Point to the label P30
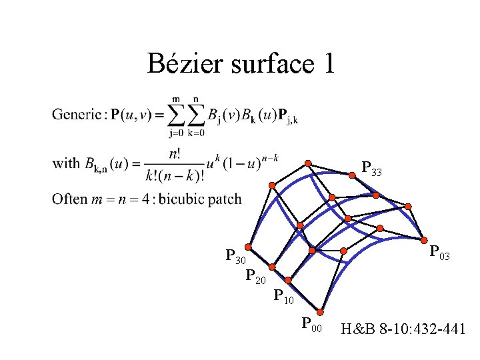[236, 257]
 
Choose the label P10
[284, 295]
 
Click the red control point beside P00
[323, 311]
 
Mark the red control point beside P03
[425, 240]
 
